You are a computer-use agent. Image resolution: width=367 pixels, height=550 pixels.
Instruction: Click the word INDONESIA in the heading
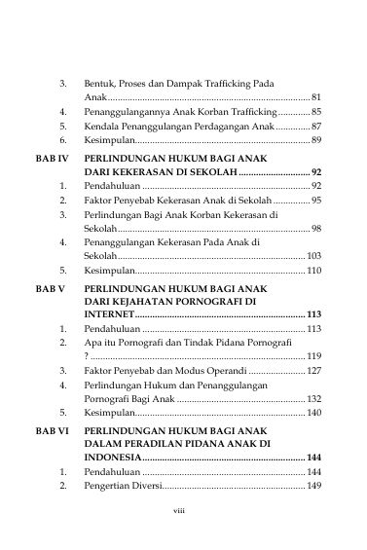tap(113, 457)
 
